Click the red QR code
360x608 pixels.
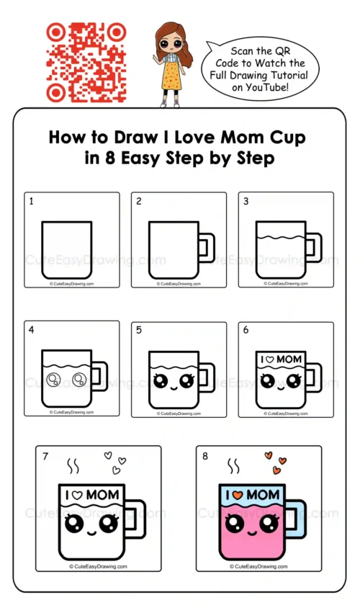(x=86, y=63)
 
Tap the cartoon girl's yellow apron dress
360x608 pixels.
(x=171, y=74)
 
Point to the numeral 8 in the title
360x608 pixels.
(x=110, y=158)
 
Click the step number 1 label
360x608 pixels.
(x=32, y=201)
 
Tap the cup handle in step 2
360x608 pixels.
(x=207, y=248)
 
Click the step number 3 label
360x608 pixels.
(x=246, y=201)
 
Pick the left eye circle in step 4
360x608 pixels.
(x=53, y=379)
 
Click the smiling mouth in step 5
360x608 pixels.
(x=174, y=387)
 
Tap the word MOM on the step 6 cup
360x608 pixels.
(x=289, y=359)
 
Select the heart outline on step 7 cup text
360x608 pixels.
(x=77, y=495)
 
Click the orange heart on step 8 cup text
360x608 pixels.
(x=237, y=495)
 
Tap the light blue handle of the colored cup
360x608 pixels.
(x=297, y=519)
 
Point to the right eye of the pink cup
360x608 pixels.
(x=269, y=524)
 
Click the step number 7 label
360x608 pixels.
(x=45, y=456)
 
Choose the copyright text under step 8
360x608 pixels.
(x=258, y=566)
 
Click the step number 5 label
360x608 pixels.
(x=139, y=330)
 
